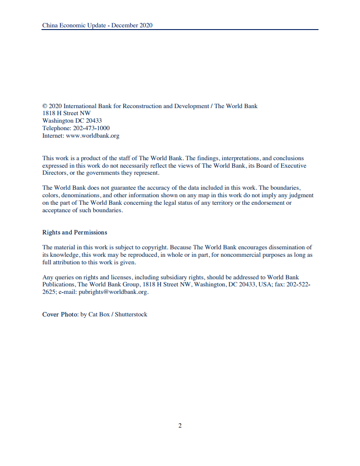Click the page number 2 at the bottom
pos(180,426)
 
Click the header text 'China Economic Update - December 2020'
pos(97,25)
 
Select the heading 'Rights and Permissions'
pos(75,232)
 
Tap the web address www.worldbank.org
pos(93,136)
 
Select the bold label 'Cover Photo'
pos(60,315)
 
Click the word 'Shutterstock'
pos(131,315)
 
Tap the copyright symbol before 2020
pos(45,106)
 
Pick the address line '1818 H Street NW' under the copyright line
pos(67,113)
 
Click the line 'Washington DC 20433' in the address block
pos(72,121)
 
